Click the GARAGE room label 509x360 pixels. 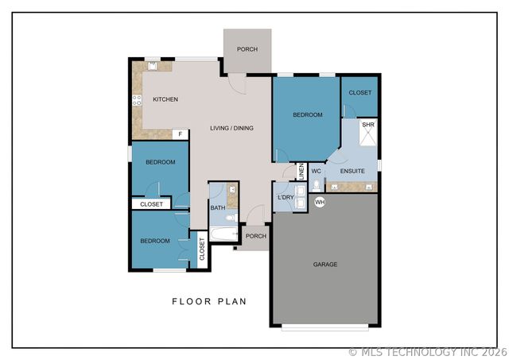[x=324, y=265]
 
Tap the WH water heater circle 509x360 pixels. [x=321, y=203]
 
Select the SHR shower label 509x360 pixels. [x=367, y=125]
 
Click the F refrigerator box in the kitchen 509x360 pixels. [x=181, y=134]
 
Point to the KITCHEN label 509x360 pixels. [x=165, y=99]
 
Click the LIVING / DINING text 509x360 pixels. [x=231, y=128]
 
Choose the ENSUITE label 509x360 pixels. [x=352, y=171]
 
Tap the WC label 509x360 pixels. [x=316, y=171]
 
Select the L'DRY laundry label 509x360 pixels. [x=286, y=197]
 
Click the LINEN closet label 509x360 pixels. [x=301, y=170]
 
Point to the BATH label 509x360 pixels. [x=217, y=208]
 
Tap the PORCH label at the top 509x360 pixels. [x=247, y=49]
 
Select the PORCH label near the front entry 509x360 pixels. [x=255, y=236]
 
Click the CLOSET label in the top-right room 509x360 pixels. [x=360, y=93]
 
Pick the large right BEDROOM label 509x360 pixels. [x=308, y=115]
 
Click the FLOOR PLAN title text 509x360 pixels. [x=209, y=301]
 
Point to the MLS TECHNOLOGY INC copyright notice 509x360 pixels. [x=427, y=351]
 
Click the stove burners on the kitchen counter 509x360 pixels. [x=137, y=99]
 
